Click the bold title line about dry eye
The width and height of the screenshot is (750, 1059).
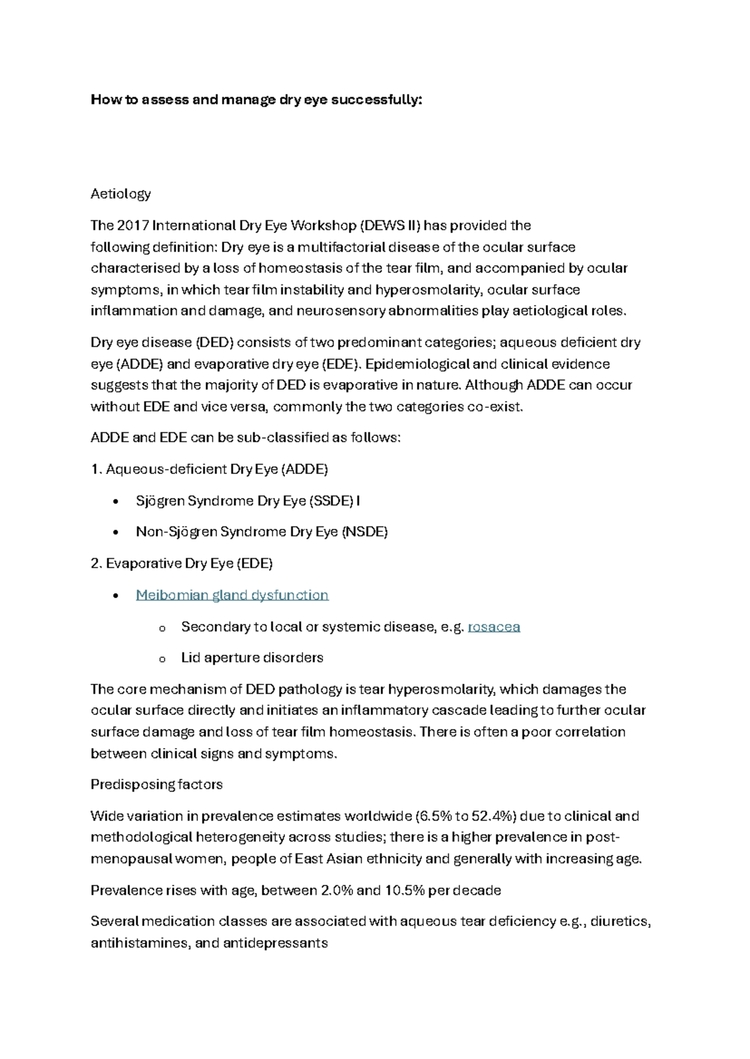click(256, 100)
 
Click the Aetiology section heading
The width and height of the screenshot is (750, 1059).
click(121, 194)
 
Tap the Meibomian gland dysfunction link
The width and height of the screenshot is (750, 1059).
click(232, 595)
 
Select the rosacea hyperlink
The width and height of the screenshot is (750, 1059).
click(494, 627)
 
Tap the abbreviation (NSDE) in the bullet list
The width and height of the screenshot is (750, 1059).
click(365, 532)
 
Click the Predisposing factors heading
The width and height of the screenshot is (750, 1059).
click(156, 785)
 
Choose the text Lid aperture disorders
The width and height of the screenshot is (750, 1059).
click(252, 658)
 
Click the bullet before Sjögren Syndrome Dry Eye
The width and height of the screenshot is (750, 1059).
click(115, 502)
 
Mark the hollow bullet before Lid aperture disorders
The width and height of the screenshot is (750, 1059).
click(162, 659)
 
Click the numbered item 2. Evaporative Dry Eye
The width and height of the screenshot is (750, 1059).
click(181, 564)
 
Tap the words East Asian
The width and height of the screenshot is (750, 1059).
click(329, 859)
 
